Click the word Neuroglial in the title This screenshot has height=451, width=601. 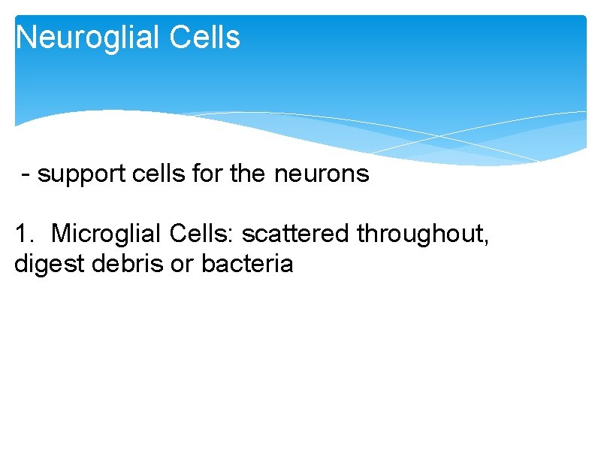tap(89, 38)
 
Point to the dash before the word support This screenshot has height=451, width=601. tap(27, 174)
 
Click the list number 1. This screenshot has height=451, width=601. tap(22, 234)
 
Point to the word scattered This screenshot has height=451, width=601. tap(296, 234)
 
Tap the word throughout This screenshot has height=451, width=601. tap(421, 234)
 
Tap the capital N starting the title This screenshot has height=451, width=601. tap(26, 38)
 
